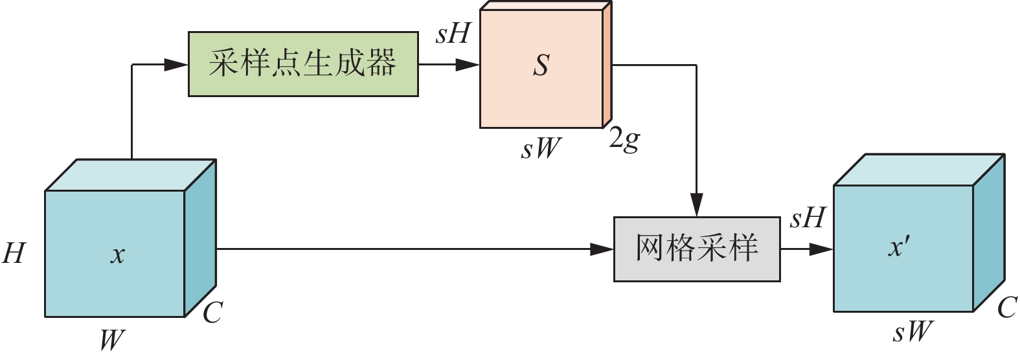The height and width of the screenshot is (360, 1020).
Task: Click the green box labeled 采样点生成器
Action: [303, 64]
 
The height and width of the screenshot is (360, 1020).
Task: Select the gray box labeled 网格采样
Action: [696, 249]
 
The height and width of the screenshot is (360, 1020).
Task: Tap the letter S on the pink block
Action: [541, 65]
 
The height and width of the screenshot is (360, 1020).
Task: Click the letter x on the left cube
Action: [117, 254]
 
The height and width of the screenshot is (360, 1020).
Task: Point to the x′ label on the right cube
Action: [899, 247]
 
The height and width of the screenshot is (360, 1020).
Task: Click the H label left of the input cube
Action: [14, 253]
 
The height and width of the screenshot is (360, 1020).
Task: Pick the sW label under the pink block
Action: [541, 148]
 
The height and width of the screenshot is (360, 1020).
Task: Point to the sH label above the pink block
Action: [452, 34]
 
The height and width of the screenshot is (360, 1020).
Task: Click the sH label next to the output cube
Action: [807, 219]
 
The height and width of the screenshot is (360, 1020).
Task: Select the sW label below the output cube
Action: [912, 333]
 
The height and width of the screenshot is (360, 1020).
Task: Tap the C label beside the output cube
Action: [1006, 308]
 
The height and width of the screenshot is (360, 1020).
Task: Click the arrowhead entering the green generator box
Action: [176, 64]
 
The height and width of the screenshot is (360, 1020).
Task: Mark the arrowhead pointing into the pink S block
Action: [468, 65]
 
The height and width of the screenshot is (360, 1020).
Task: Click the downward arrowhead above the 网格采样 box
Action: [696, 205]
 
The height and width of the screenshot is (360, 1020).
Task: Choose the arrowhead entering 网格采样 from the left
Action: [602, 249]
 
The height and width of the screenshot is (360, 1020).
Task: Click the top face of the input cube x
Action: [130, 175]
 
